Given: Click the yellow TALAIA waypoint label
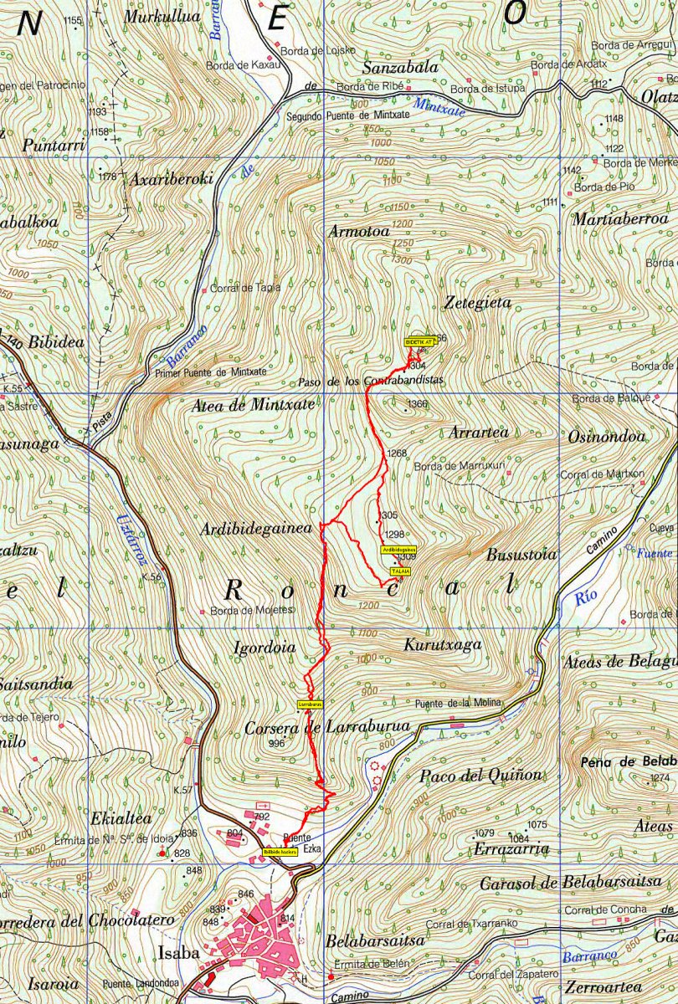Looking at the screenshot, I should pyautogui.click(x=400, y=570).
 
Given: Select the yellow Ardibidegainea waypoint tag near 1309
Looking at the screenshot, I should pyautogui.click(x=398, y=549).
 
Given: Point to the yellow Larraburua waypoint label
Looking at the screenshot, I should pyautogui.click(x=310, y=704).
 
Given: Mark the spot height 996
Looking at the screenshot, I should pyautogui.click(x=277, y=743).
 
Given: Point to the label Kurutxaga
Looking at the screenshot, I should pyautogui.click(x=443, y=645).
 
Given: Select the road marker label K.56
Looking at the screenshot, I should pyautogui.click(x=152, y=577).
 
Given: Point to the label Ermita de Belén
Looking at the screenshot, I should pyautogui.click(x=372, y=964).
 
